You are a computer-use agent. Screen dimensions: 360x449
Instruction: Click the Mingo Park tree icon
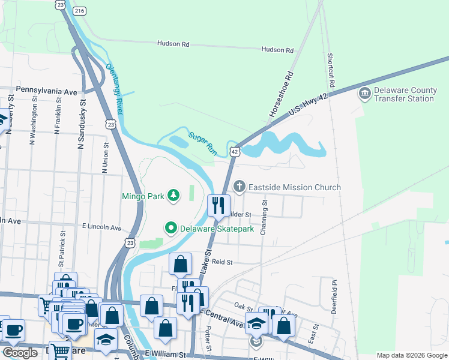pyautogui.click(x=173, y=195)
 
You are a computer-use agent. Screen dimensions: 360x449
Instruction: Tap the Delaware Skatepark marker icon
pyautogui.click(x=171, y=228)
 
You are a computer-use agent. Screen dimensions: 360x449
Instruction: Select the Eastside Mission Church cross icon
pyautogui.click(x=240, y=187)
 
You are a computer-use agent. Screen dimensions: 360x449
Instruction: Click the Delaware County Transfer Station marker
pyautogui.click(x=364, y=94)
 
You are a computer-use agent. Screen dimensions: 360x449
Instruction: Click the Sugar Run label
pyautogui.click(x=202, y=143)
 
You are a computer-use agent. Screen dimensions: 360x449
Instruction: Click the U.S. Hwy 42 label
pyautogui.click(x=310, y=105)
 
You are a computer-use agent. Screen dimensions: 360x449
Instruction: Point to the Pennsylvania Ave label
pyautogui.click(x=47, y=91)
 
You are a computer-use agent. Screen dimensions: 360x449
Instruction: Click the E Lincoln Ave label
pyautogui.click(x=101, y=227)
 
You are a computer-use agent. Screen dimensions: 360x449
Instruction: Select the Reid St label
pyautogui.click(x=221, y=262)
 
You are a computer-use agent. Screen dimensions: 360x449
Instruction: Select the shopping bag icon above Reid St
pyautogui.click(x=180, y=263)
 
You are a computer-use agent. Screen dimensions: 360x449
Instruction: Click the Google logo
pyautogui.click(x=19, y=353)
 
